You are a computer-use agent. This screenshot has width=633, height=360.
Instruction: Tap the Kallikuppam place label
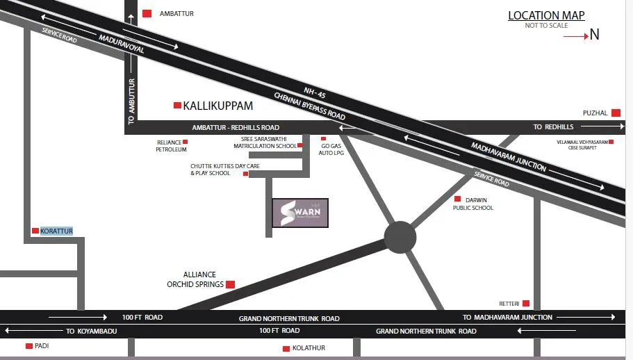click(217, 106)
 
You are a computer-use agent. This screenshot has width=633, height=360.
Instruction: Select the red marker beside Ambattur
click(147, 13)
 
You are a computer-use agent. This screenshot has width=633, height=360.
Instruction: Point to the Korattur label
click(56, 231)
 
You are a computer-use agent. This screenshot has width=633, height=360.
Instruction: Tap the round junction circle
click(400, 237)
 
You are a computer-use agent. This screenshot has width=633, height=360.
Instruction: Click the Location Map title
click(546, 15)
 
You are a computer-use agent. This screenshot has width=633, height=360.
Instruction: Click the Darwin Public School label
click(473, 204)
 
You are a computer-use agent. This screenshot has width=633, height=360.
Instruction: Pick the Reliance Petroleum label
click(171, 145)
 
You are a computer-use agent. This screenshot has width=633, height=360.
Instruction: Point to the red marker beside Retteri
click(526, 303)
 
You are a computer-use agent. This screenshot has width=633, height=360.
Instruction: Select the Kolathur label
click(309, 347)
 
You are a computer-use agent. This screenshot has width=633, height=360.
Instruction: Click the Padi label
click(42, 345)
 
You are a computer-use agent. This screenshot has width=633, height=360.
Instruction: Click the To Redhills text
click(553, 126)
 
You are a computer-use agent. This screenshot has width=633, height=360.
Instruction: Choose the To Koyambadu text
click(90, 331)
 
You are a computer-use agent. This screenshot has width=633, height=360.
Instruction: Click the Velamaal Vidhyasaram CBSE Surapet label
click(582, 145)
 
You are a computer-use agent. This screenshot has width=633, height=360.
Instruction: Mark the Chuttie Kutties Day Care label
click(215, 170)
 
